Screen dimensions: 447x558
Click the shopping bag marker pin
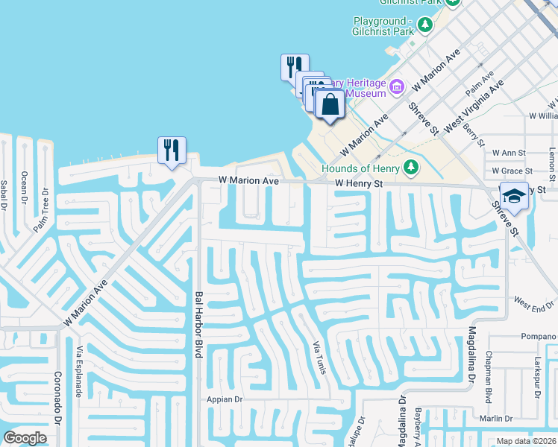[329, 105]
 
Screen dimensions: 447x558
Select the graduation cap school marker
[514, 195]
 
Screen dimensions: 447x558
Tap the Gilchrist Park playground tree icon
[424, 25]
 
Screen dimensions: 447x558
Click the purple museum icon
[396, 88]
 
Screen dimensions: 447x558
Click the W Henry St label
[359, 183]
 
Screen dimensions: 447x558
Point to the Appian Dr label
[225, 399]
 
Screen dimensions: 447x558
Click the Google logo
[25, 438]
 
